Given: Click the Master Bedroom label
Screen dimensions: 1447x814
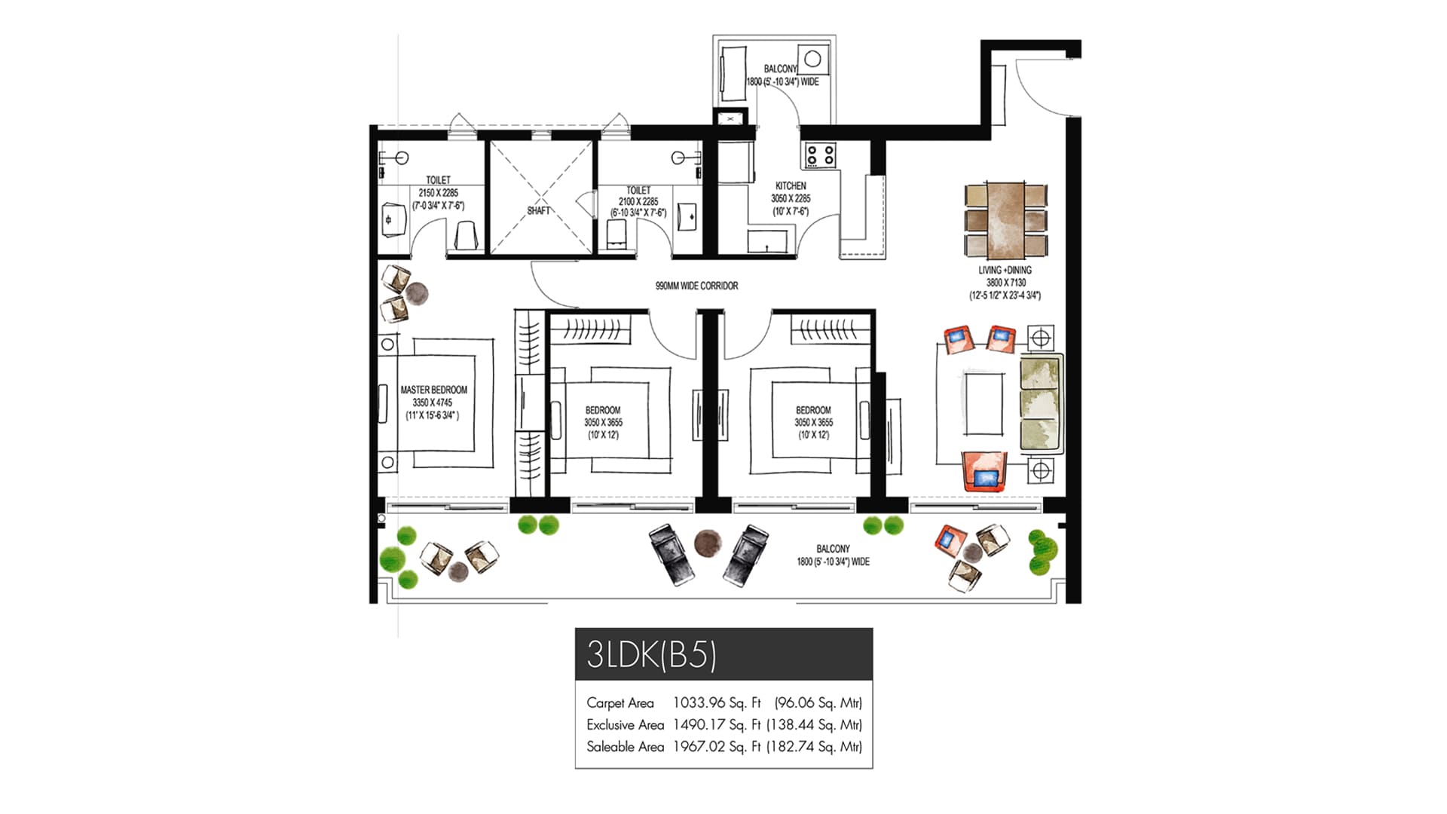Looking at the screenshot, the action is point(434,390).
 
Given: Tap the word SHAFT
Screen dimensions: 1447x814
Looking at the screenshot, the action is point(538,211).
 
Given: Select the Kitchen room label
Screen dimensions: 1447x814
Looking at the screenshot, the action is point(791,185).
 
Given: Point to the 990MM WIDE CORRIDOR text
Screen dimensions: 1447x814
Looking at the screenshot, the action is point(696,286).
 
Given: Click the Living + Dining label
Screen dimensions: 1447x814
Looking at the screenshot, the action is point(1005,270).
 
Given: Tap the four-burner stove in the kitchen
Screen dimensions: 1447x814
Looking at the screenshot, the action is point(820,155).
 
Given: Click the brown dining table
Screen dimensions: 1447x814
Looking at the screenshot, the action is point(1005,219).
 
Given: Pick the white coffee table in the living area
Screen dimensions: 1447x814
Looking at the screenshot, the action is point(983,402).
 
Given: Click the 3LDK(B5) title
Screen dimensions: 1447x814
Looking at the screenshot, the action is point(651,654).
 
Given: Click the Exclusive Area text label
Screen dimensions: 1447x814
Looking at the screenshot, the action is point(625,724).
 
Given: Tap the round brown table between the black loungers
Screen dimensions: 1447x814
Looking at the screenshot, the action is point(707,543).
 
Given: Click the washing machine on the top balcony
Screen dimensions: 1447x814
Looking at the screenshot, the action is point(812,60).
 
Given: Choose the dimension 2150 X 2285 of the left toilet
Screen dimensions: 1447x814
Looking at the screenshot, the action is point(438,193).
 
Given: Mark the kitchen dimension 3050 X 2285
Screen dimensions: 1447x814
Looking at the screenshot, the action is point(791,198).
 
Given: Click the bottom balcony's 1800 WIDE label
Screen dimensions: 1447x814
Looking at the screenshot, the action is point(833,562).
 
